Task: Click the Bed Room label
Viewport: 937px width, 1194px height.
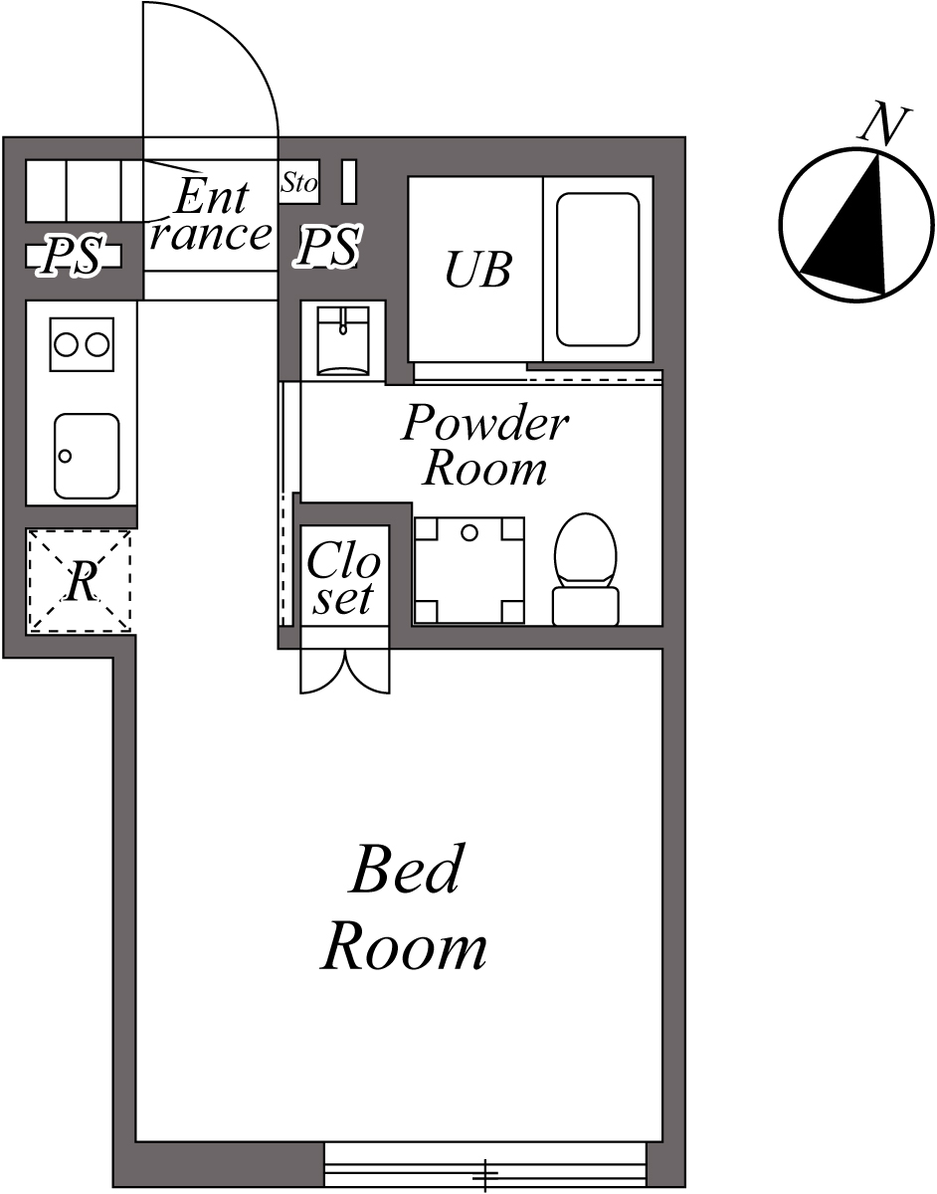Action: point(405,907)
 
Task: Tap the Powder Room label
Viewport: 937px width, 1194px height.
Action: point(484,446)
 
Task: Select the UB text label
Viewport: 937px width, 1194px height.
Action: point(477,270)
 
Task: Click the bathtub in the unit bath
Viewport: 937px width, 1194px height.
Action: point(597,270)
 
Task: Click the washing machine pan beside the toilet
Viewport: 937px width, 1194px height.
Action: point(468,570)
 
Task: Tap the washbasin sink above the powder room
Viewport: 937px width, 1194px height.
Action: point(342,339)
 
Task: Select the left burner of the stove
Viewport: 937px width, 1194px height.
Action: point(66,344)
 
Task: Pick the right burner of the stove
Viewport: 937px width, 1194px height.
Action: point(96,344)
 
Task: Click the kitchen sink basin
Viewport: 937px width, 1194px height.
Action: point(87,456)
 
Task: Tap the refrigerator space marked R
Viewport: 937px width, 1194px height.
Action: point(79,581)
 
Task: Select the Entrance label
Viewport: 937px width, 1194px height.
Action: point(211,216)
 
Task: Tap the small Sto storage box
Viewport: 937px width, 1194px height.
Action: point(298,183)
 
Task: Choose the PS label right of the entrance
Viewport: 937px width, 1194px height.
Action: point(328,247)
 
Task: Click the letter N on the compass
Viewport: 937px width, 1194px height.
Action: point(883,124)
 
